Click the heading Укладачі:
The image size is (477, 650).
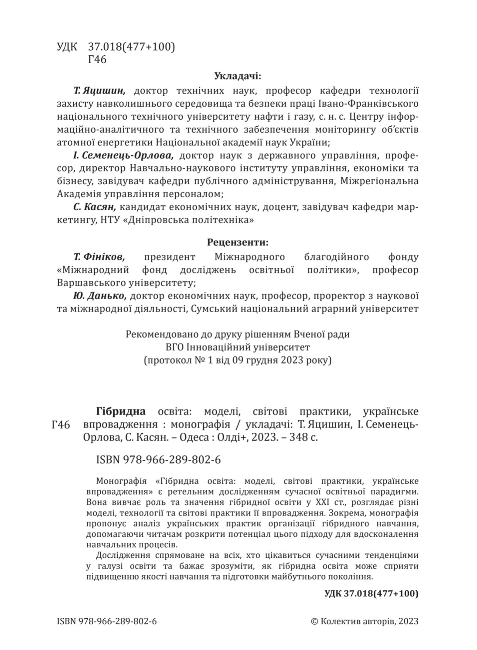pos(238,77)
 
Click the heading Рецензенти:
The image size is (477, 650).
pos(238,242)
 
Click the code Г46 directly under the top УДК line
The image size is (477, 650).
pos(97,60)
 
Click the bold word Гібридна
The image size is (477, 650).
pos(120,411)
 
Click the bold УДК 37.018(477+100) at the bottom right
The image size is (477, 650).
pos(372,593)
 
